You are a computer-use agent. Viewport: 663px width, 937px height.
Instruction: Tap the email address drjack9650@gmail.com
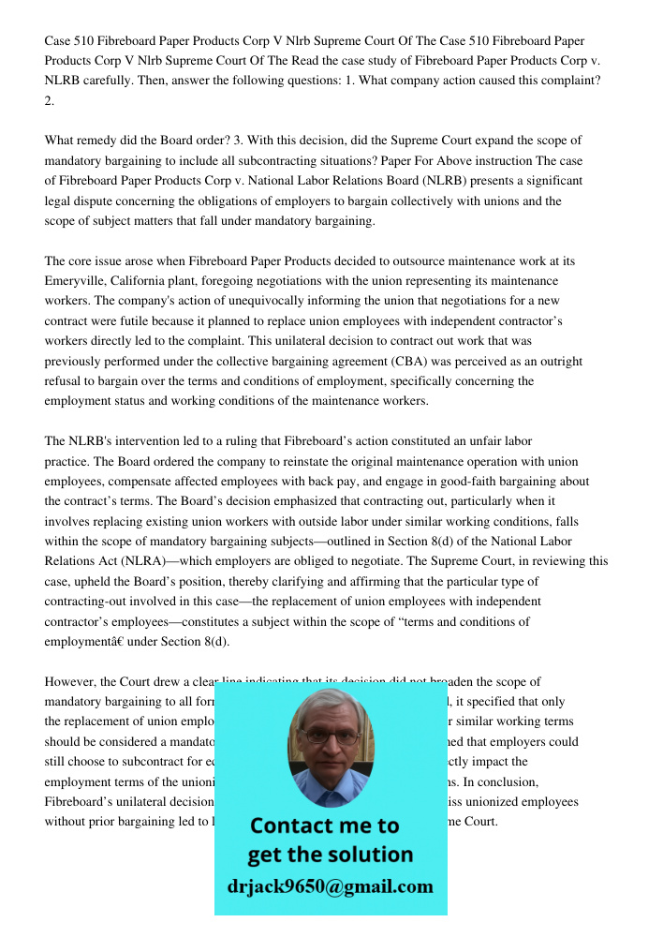(x=330, y=886)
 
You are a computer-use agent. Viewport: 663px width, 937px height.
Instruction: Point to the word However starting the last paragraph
(x=68, y=682)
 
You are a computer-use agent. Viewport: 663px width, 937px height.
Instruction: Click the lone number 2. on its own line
(x=50, y=101)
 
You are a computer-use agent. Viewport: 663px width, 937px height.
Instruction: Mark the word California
(x=156, y=280)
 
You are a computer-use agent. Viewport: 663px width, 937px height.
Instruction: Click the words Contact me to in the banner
(x=324, y=825)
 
